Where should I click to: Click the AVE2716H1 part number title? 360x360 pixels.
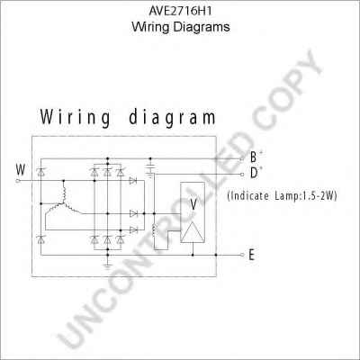[x=181, y=11]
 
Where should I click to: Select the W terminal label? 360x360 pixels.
[x=21, y=170]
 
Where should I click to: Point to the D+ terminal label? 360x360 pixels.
[x=256, y=173]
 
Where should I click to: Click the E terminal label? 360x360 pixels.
[x=251, y=256]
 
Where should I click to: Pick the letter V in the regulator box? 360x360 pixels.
[x=193, y=204]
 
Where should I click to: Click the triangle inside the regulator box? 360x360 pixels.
[x=193, y=232]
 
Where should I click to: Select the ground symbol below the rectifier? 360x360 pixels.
[x=107, y=265]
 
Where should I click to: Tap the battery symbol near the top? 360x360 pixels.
[x=150, y=168]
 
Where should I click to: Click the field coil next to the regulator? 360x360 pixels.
[x=155, y=230]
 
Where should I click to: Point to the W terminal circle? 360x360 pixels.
[x=17, y=181]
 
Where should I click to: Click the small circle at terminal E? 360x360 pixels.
[x=242, y=255]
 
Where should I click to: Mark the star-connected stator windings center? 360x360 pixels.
[x=64, y=203]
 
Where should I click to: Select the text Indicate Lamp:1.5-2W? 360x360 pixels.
[x=283, y=196]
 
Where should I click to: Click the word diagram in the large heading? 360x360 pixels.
[x=172, y=118]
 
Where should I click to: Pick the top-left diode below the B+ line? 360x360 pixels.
[x=40, y=172]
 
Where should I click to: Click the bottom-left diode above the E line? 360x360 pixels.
[x=40, y=239]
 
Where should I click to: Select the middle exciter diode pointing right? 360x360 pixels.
[x=133, y=213]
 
